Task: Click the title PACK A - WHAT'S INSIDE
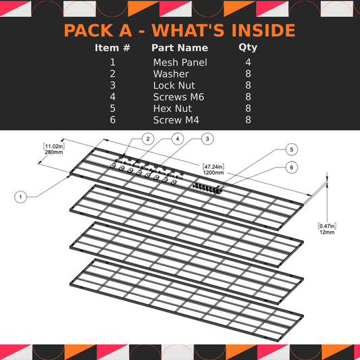(179, 30)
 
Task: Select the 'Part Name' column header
(179, 48)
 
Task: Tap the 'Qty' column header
(248, 48)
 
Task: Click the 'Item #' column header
(112, 48)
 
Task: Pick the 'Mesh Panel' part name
(180, 62)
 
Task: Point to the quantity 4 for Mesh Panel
(248, 62)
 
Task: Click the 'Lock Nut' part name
(174, 85)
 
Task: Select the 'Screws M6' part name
(178, 97)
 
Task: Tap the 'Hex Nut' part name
(173, 108)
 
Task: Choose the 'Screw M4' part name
(176, 120)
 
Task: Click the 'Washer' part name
(171, 74)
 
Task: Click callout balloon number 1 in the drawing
(22, 197)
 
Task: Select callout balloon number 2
(147, 138)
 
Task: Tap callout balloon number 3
(208, 138)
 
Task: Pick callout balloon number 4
(178, 138)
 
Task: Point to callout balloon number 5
(291, 149)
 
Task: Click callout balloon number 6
(291, 167)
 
